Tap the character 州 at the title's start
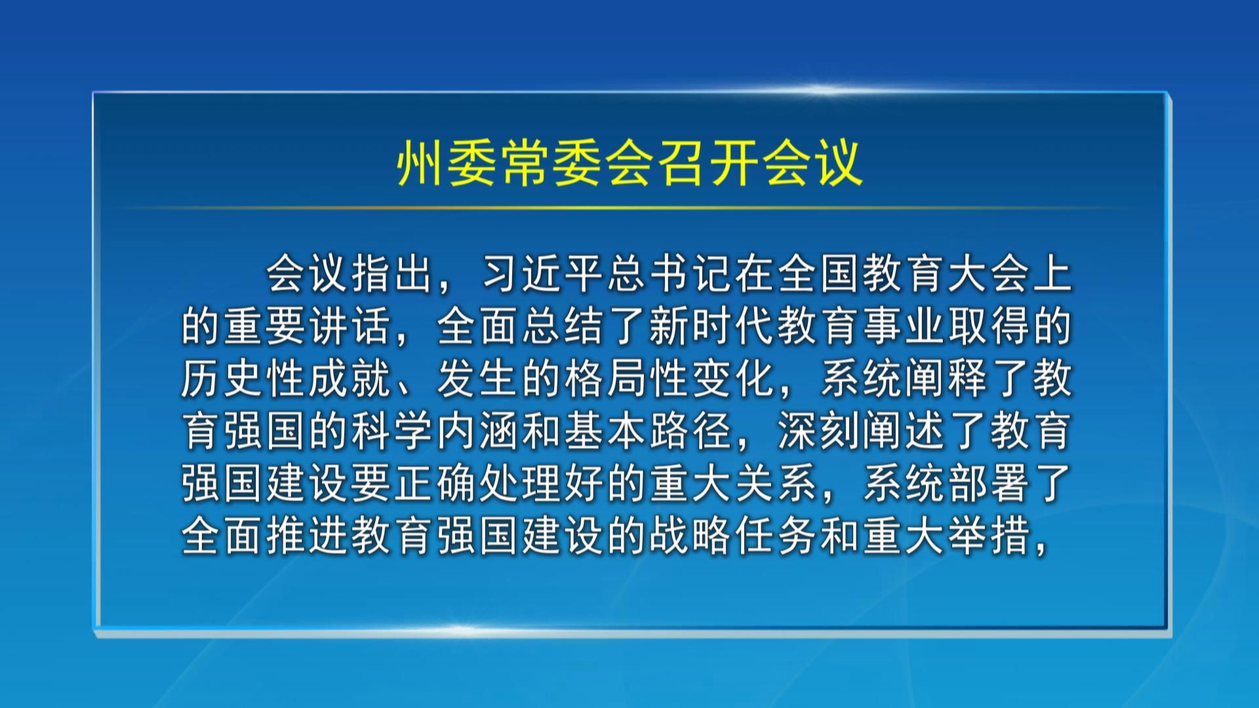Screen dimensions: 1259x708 [420, 163]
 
